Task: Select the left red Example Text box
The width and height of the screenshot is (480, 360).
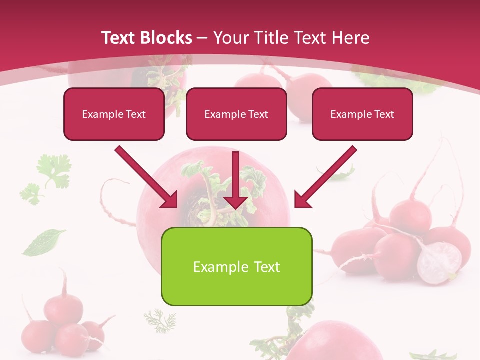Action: click(x=114, y=114)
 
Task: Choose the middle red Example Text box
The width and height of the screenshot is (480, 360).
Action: click(x=236, y=114)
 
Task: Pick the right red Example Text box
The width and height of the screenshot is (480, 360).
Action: click(x=362, y=114)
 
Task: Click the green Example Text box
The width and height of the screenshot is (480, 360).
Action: click(x=236, y=266)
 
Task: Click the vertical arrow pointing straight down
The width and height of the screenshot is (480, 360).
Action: click(x=236, y=180)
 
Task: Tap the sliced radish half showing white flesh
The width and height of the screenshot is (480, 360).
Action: click(x=439, y=263)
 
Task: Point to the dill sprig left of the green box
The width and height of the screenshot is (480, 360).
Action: click(x=160, y=320)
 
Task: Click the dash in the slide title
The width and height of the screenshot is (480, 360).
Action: click(x=202, y=38)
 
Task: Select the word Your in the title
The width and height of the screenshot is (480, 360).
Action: click(x=230, y=38)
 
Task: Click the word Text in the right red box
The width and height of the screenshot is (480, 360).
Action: click(x=384, y=114)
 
